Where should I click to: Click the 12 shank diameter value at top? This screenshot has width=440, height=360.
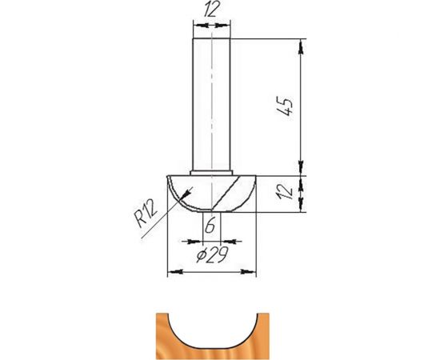(213, 10)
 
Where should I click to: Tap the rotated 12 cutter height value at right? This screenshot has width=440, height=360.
(290, 193)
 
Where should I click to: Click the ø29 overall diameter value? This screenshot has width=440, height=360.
(211, 255)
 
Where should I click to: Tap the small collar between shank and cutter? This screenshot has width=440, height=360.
(212, 171)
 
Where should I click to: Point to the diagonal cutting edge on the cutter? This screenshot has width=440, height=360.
(228, 191)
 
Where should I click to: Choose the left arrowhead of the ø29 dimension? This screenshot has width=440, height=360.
(170, 272)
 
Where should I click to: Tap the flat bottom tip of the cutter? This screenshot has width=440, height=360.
(211, 211)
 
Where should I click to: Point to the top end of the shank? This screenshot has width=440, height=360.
(212, 39)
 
